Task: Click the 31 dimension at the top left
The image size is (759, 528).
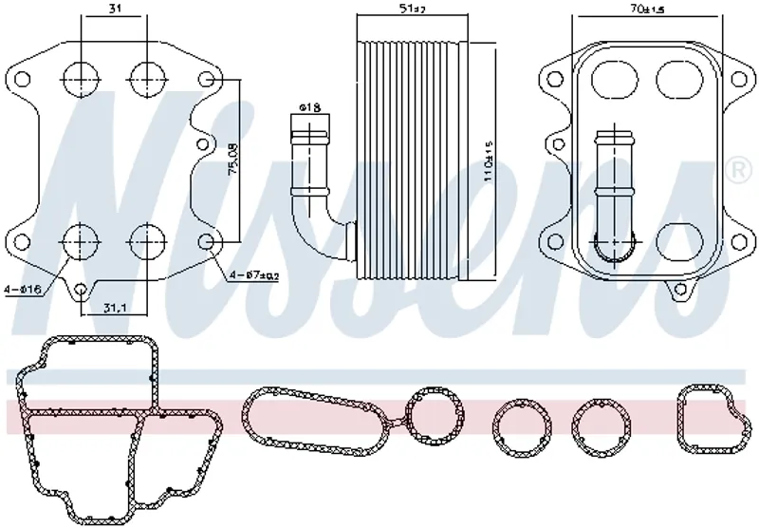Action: coord(113,9)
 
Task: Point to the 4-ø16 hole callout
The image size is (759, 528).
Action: coord(21,289)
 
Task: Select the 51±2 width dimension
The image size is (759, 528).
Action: coord(412,9)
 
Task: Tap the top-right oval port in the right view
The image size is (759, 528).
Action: coord(676,78)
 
